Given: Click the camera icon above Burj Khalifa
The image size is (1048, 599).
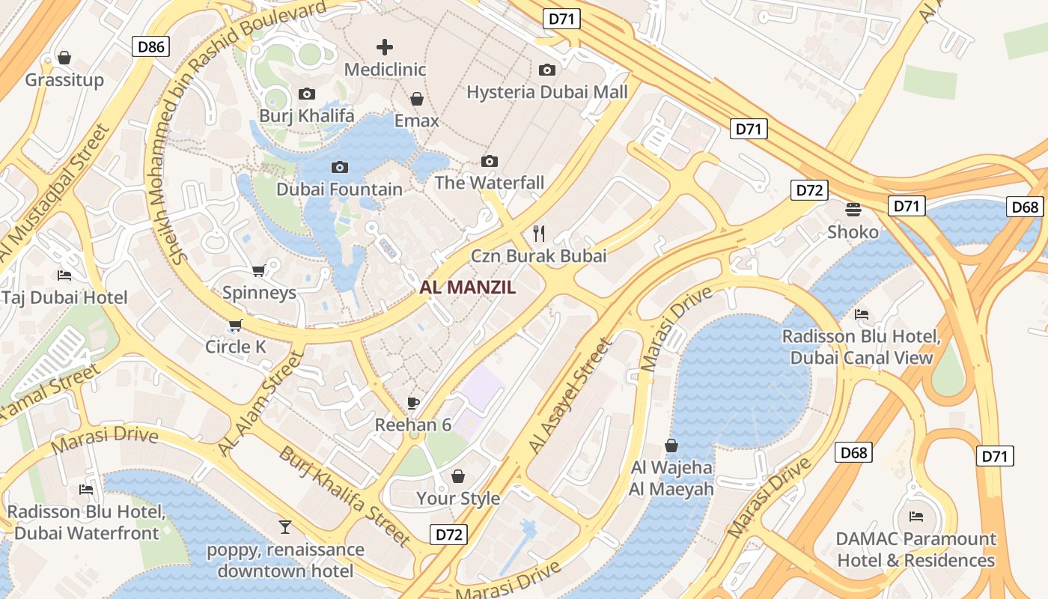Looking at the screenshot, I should click(x=306, y=94).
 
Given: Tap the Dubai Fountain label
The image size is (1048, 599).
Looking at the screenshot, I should click(x=339, y=189).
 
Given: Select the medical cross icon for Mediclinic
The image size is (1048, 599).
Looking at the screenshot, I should click(x=385, y=47).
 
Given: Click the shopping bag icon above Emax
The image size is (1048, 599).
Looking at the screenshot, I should click(x=417, y=99).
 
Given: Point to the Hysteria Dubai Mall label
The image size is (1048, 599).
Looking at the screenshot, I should click(x=546, y=92).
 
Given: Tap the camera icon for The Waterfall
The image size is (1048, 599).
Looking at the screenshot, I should click(x=490, y=161).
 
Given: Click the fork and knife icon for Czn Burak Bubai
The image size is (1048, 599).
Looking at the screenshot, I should click(x=538, y=233).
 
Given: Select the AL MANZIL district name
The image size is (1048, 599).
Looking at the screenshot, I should click(x=468, y=287).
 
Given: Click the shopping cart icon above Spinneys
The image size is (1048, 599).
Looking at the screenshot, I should click(x=259, y=270).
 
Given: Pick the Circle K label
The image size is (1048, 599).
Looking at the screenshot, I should click(x=236, y=347).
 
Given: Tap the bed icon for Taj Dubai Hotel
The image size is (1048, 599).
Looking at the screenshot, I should click(x=64, y=276).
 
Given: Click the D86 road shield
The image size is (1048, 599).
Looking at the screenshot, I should click(x=151, y=47).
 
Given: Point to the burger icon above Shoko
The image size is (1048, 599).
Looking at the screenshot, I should click(x=853, y=209).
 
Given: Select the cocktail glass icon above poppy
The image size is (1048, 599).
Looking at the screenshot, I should click(x=284, y=527).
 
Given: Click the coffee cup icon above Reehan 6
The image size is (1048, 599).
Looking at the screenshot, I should click(x=413, y=403).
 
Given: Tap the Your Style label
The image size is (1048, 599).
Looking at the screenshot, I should click(x=458, y=498).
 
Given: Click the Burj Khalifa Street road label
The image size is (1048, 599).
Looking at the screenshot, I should click(x=345, y=496).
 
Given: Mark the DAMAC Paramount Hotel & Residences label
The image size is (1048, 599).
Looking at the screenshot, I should click(x=916, y=550).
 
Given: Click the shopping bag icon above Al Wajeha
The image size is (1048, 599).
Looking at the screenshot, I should click(x=671, y=446).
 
